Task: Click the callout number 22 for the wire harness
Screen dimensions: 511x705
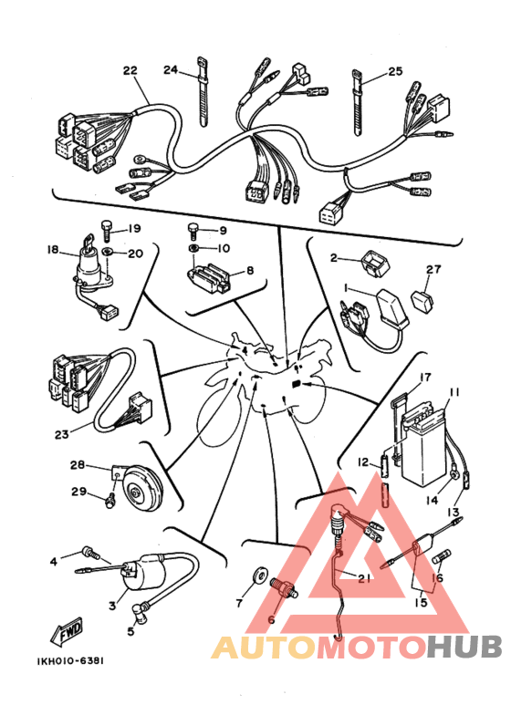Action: pos(130,70)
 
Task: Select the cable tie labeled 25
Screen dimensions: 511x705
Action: pos(356,102)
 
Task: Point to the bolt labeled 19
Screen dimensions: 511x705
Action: pos(106,230)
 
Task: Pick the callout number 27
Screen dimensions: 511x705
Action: pos(434,269)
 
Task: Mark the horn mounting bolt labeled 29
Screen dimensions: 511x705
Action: pos(109,502)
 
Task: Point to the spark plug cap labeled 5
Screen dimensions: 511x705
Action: pos(140,612)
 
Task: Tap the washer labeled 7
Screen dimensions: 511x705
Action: pos(259,575)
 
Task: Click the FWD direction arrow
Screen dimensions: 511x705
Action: pos(67,630)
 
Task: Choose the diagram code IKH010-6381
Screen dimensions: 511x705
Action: pos(70,661)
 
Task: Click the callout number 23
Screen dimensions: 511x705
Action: pos(62,434)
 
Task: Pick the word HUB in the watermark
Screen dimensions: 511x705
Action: pos(464,647)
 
